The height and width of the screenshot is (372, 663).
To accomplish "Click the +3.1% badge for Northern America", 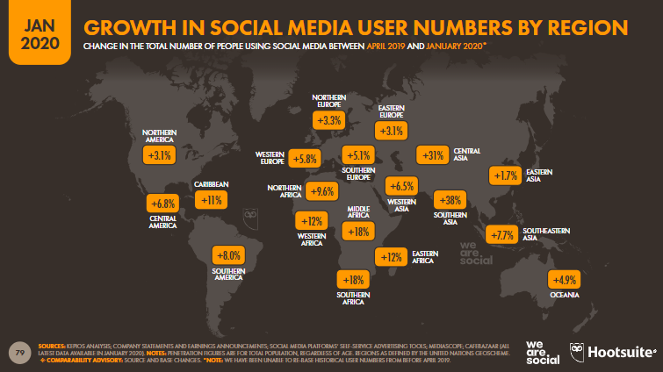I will [x=160, y=155].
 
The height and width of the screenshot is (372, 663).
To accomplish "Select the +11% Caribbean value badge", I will [x=211, y=200].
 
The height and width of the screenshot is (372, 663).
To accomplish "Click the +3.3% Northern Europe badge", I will [x=329, y=121].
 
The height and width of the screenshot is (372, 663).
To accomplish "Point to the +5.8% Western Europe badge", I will [x=305, y=160].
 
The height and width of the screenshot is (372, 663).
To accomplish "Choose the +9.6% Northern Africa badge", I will [x=322, y=190].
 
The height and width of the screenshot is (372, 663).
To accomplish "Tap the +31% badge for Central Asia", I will [x=432, y=155].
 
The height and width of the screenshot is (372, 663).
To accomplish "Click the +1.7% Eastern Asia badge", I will [x=505, y=176].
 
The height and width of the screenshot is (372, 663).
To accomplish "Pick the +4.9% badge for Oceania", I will [x=564, y=281].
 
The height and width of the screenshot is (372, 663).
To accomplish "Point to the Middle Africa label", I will [x=357, y=212].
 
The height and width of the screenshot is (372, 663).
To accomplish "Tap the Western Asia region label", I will [x=400, y=203].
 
